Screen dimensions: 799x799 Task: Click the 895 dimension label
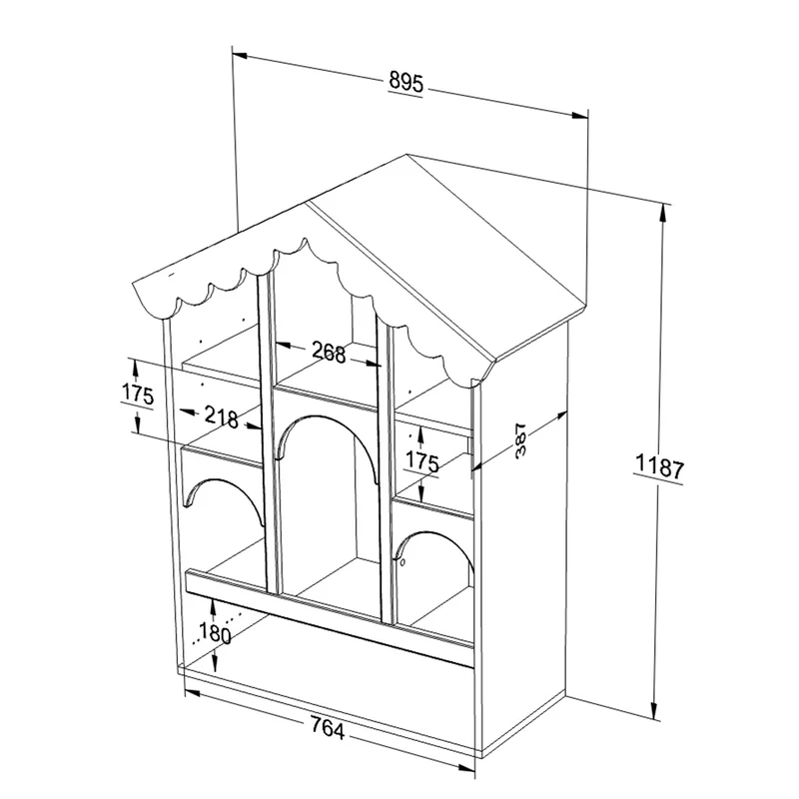406,82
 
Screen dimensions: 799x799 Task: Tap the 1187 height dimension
659,466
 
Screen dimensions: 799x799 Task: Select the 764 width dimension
328,729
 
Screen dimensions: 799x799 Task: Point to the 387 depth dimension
520,439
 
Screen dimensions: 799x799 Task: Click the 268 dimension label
329,353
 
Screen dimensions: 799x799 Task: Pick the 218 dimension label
222,416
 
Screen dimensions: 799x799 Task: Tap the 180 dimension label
215,632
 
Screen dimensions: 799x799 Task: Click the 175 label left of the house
138,395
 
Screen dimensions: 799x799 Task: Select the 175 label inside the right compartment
422,461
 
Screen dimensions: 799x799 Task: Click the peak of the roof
406,155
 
